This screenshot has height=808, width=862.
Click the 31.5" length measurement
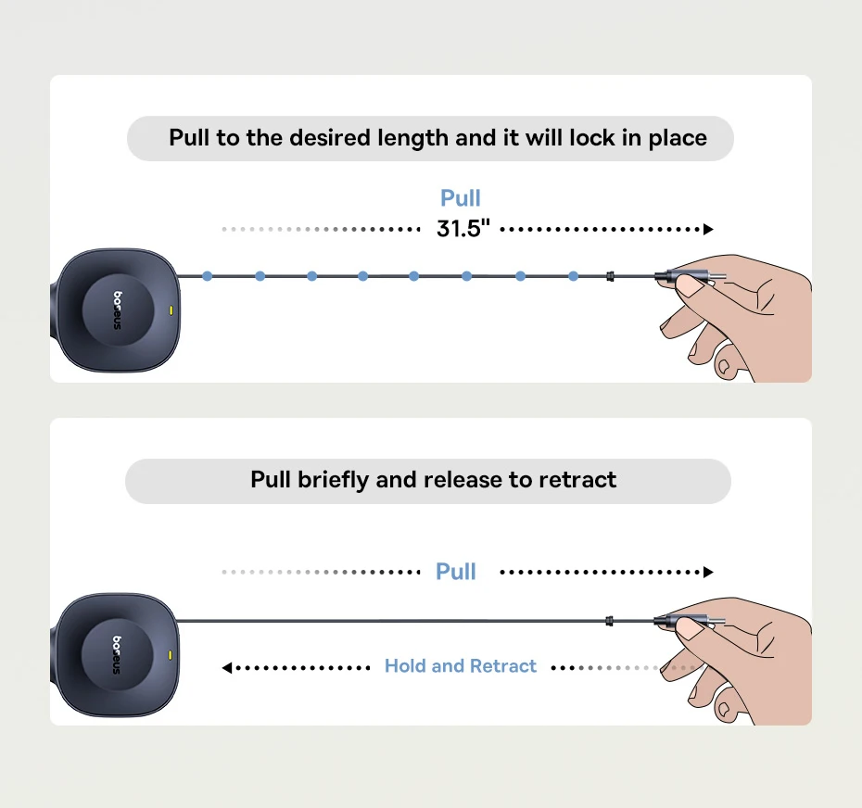[x=463, y=229]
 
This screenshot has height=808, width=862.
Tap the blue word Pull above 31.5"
[x=460, y=198]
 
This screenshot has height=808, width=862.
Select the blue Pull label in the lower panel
[x=456, y=572]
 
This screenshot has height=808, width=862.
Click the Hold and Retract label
[x=460, y=666]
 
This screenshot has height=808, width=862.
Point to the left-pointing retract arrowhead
[x=226, y=668]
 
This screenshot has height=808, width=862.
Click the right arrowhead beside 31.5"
[x=708, y=229]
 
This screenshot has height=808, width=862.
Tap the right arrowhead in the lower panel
[x=708, y=573]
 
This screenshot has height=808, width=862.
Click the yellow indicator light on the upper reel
[x=171, y=310]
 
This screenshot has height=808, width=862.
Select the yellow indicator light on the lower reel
[x=170, y=655]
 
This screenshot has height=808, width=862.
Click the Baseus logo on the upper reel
[x=118, y=310]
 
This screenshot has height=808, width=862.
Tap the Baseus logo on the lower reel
[x=117, y=654]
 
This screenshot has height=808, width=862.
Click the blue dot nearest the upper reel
[x=208, y=276]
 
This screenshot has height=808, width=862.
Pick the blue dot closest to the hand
[x=574, y=276]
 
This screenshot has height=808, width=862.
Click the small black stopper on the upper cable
[x=610, y=276]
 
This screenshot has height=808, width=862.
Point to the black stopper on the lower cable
[x=609, y=621]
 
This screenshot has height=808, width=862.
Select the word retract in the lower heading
[x=577, y=480]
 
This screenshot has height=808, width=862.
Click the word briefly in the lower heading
[x=333, y=480]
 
